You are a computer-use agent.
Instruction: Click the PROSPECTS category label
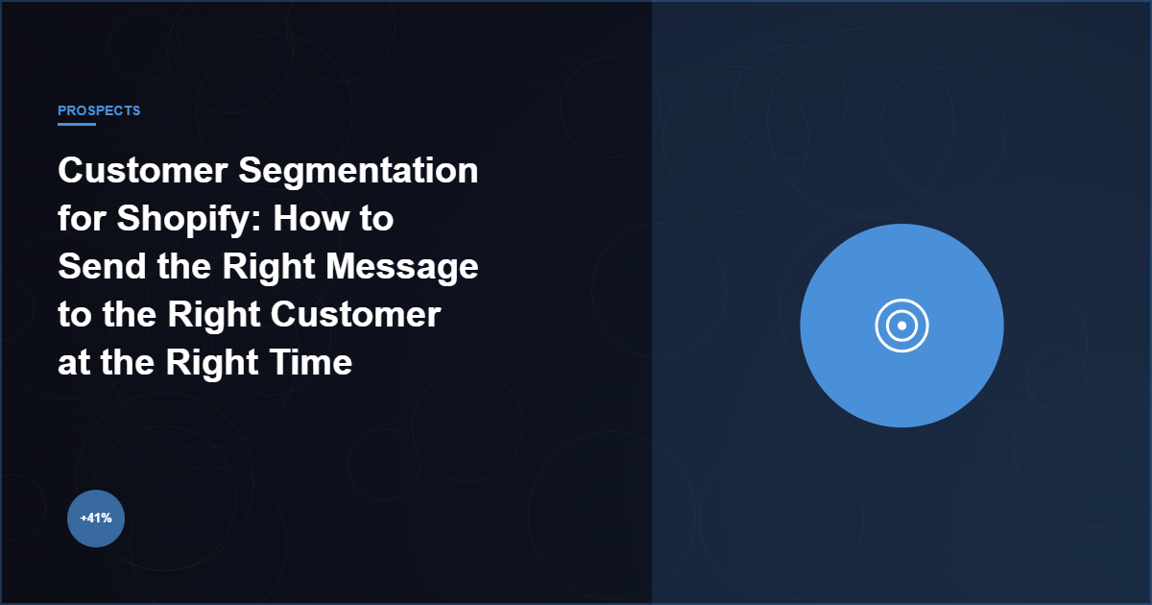tap(99, 110)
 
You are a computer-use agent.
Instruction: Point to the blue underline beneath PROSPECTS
tap(77, 124)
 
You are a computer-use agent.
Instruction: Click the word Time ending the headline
tap(309, 363)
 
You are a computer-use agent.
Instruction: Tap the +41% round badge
tap(96, 518)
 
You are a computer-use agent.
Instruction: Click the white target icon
tap(902, 326)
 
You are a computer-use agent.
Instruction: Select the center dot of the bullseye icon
tap(902, 326)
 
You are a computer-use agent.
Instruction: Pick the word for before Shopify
tap(82, 220)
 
